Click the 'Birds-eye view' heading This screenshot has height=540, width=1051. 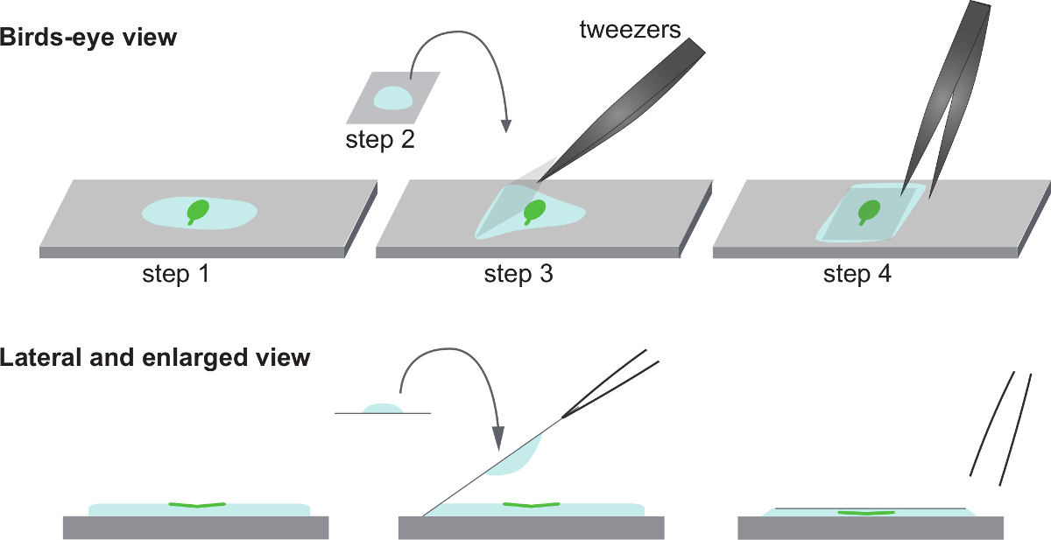click(x=88, y=38)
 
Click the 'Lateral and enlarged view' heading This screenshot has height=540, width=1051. click(x=155, y=358)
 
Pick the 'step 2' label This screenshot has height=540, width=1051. click(x=380, y=140)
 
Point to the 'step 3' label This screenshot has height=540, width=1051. click(x=518, y=275)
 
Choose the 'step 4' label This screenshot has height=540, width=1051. click(x=857, y=275)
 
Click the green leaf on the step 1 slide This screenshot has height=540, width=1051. click(x=199, y=210)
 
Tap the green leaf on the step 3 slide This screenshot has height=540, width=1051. click(x=533, y=211)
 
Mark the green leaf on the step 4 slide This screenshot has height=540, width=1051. click(x=869, y=210)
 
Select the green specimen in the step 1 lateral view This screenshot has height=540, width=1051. click(x=197, y=505)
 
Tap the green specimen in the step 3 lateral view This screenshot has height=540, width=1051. click(x=532, y=505)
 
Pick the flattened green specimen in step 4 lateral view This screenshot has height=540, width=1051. click(x=865, y=512)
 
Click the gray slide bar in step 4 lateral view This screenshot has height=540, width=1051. click(x=871, y=528)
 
